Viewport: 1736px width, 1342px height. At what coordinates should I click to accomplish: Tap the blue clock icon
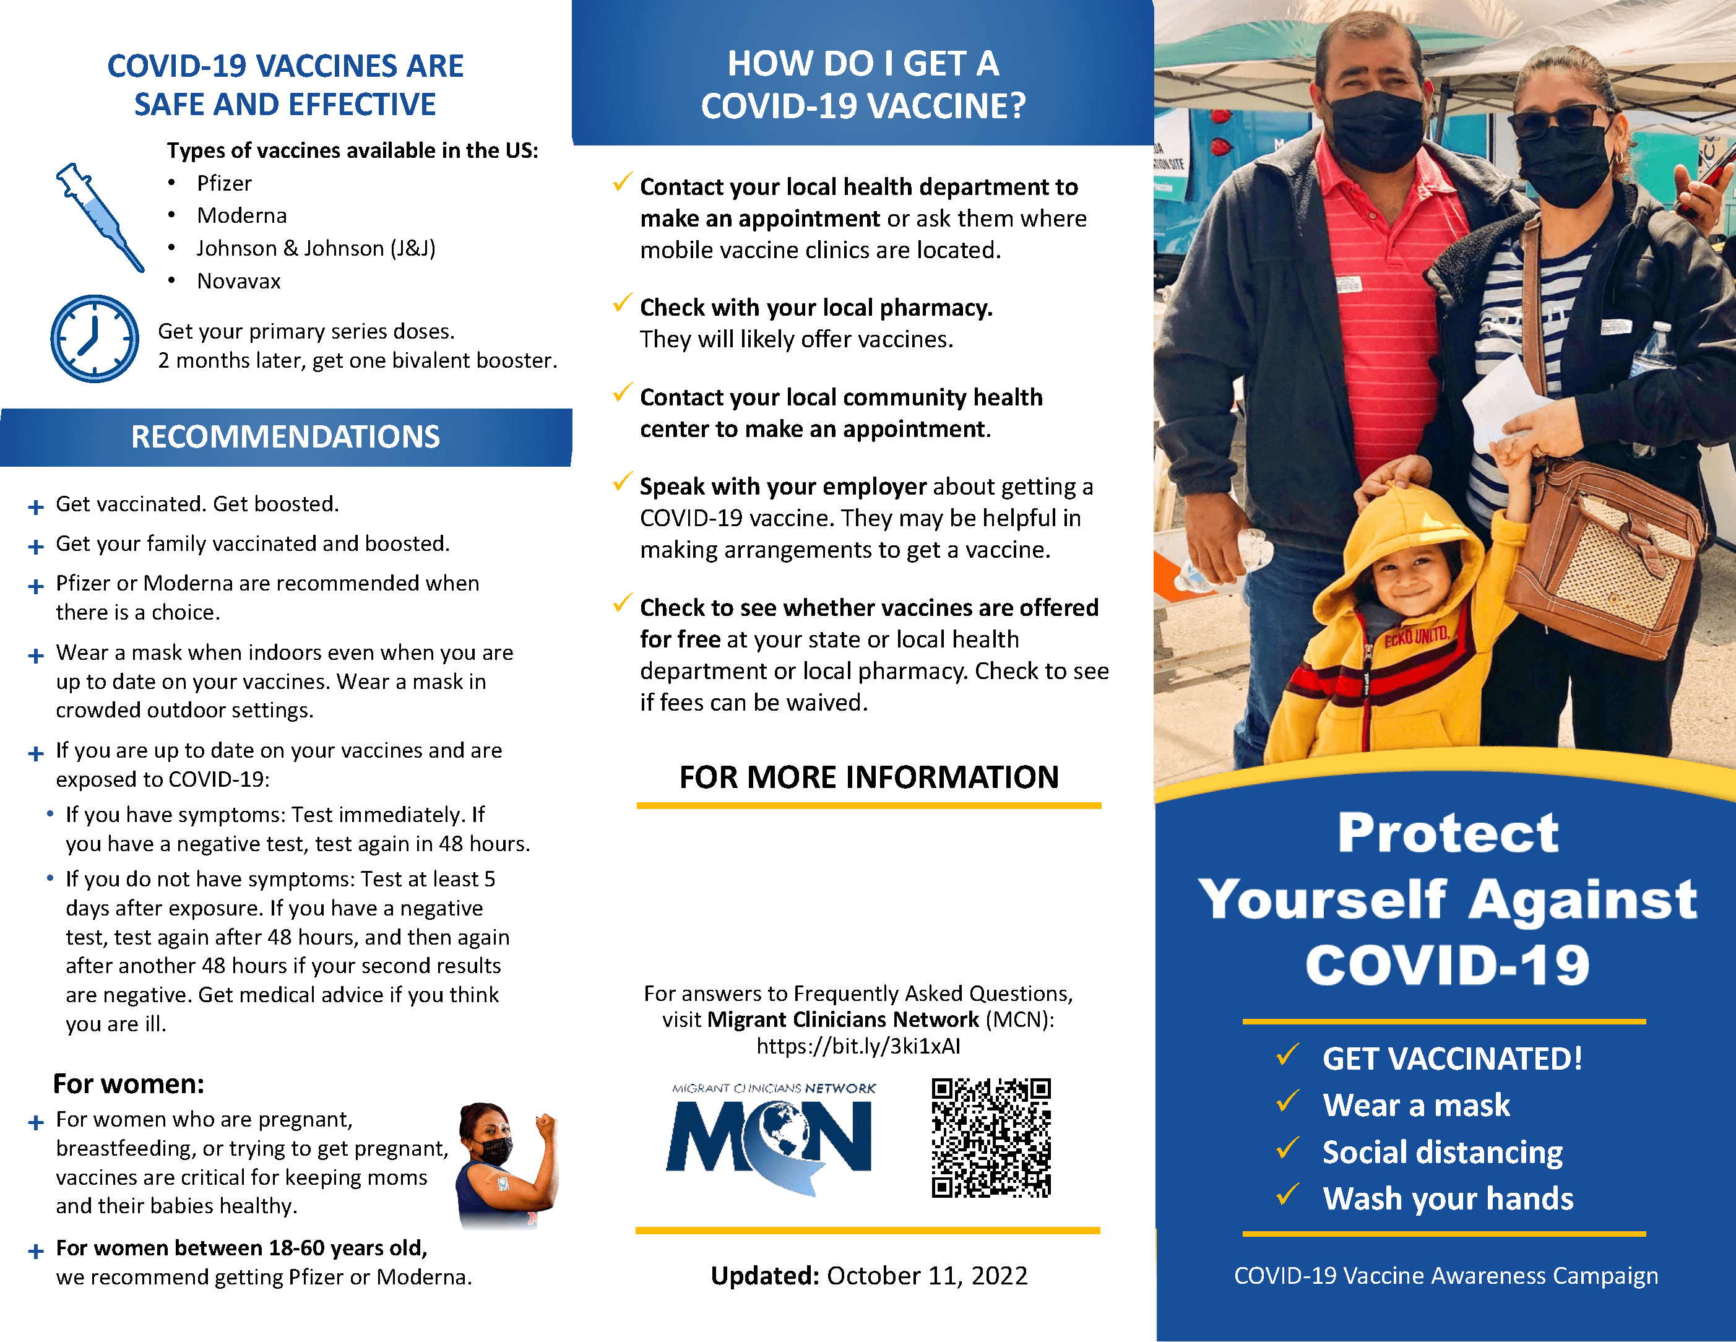tap(95, 339)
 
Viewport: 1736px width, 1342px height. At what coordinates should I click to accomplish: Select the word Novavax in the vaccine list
tap(238, 282)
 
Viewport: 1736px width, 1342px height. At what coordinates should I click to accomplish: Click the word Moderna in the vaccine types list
tap(241, 215)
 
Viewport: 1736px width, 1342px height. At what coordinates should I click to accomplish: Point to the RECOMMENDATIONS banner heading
tap(285, 436)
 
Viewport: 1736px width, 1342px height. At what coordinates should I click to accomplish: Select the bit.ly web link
tap(858, 1045)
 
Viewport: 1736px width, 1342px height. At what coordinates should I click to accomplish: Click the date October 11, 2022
tap(927, 1275)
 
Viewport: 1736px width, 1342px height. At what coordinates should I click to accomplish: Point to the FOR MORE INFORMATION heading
tap(869, 777)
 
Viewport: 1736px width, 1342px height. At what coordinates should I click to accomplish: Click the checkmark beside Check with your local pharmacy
tap(623, 304)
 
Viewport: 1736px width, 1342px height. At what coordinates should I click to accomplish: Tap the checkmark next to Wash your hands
tap(1287, 1194)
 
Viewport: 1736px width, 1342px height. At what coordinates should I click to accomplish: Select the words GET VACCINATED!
tap(1451, 1058)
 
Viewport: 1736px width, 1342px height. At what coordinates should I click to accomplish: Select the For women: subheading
tap(129, 1084)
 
